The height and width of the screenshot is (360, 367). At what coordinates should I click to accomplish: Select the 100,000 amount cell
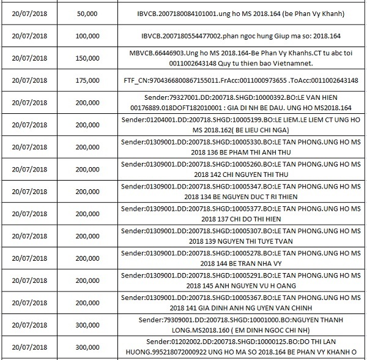pos(91,36)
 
